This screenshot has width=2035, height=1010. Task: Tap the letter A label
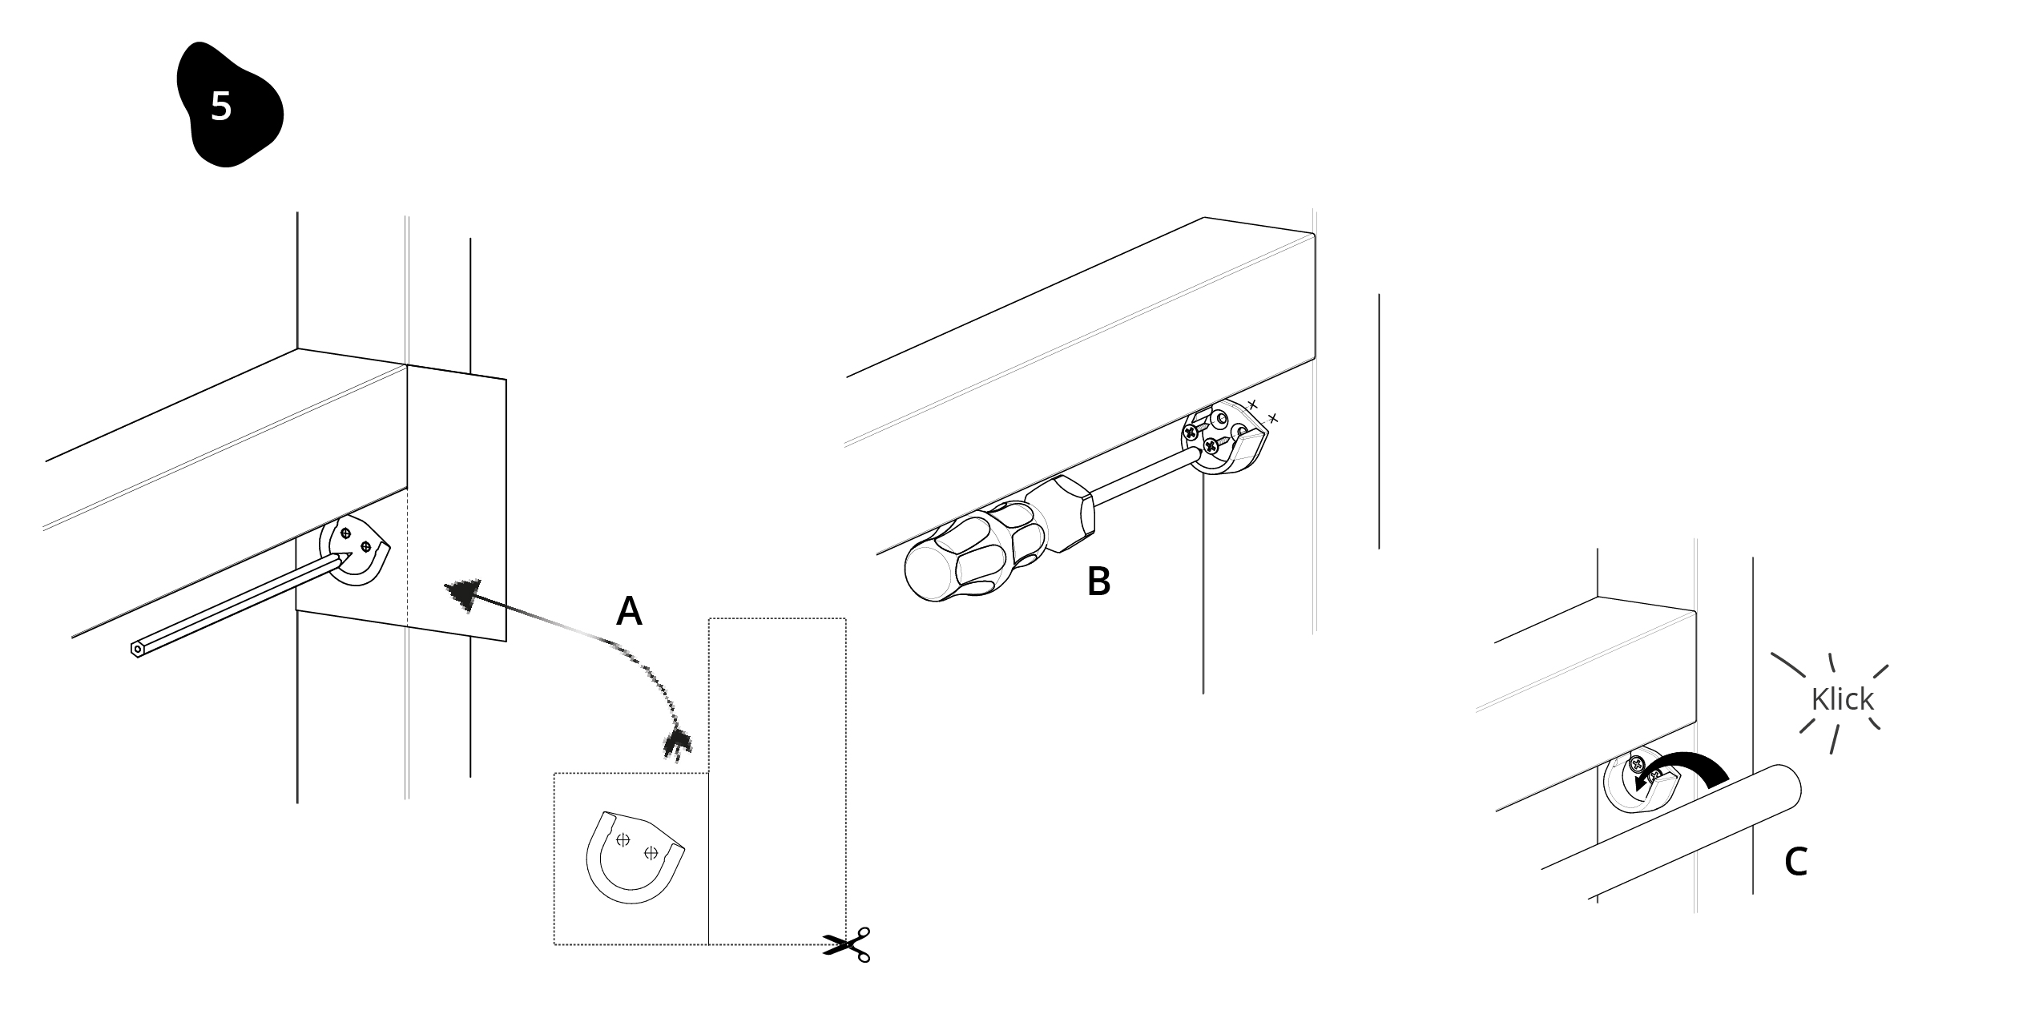pyautogui.click(x=629, y=611)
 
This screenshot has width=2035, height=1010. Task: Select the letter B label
pyautogui.click(x=1098, y=581)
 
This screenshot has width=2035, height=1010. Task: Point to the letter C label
pyautogui.click(x=1795, y=862)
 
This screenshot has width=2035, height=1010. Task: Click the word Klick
pyautogui.click(x=1842, y=699)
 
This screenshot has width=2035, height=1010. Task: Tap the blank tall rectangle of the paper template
pyautogui.click(x=777, y=781)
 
